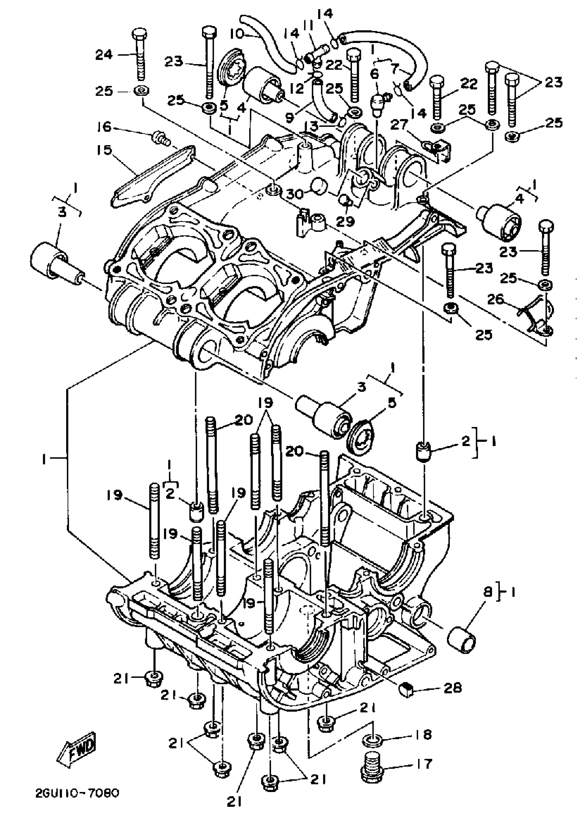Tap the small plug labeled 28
[407, 690]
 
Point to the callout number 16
[104, 127]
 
